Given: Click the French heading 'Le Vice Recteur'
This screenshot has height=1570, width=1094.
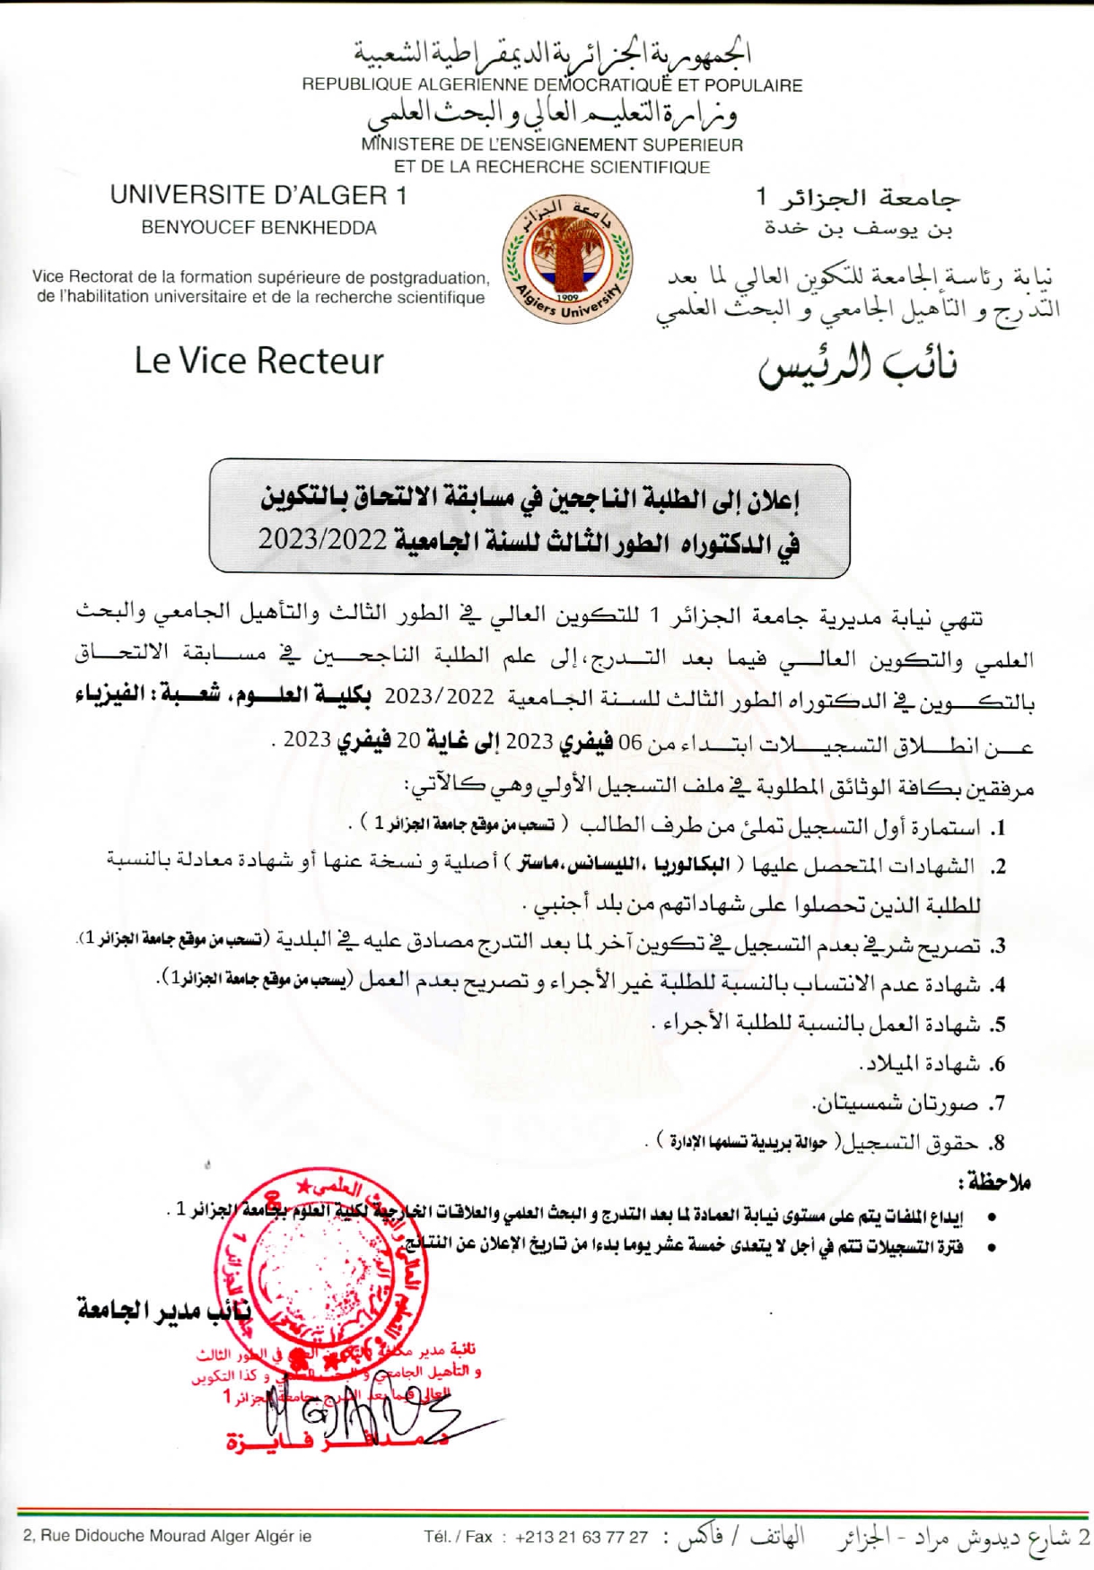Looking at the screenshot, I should coord(258,361).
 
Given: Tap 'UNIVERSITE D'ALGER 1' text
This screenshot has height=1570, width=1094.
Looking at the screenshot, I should coord(258,195).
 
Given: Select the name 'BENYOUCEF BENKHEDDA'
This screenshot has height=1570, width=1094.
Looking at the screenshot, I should coord(258,228).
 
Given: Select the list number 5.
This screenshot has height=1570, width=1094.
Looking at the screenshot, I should coord(996,1025).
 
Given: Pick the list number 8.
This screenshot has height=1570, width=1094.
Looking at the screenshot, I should coord(996,1144).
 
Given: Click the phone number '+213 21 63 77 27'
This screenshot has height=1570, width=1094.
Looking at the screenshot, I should coord(582,1537).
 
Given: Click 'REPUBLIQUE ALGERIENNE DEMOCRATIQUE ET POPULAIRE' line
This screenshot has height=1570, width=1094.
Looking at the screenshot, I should coord(552,85).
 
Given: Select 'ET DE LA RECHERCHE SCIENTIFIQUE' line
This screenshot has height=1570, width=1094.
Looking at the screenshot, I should coord(552,167).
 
